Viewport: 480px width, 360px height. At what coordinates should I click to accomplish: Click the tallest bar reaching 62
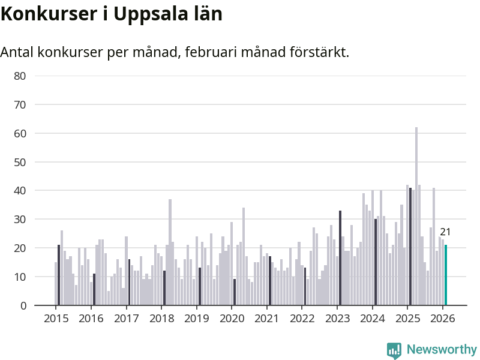tap(416, 216)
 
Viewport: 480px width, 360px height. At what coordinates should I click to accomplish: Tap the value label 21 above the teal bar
tap(445, 232)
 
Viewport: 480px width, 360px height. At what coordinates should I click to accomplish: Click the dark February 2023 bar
tap(340, 258)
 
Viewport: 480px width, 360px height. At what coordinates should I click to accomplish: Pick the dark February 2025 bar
tap(410, 247)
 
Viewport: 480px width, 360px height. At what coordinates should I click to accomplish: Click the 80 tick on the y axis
tap(20, 76)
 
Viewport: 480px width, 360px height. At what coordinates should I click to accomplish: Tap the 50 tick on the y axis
tap(20, 162)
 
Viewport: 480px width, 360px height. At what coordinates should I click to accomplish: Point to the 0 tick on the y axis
tap(23, 305)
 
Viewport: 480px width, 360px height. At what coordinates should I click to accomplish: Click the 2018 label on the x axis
tap(161, 318)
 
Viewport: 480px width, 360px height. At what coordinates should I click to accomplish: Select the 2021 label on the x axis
tap(266, 318)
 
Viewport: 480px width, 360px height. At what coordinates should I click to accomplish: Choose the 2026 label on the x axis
tap(442, 318)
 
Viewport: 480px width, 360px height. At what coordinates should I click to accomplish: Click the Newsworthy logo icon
tap(394, 350)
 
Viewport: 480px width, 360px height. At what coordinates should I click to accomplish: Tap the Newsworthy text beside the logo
tap(442, 349)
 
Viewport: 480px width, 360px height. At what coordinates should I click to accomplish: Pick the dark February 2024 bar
tap(376, 262)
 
